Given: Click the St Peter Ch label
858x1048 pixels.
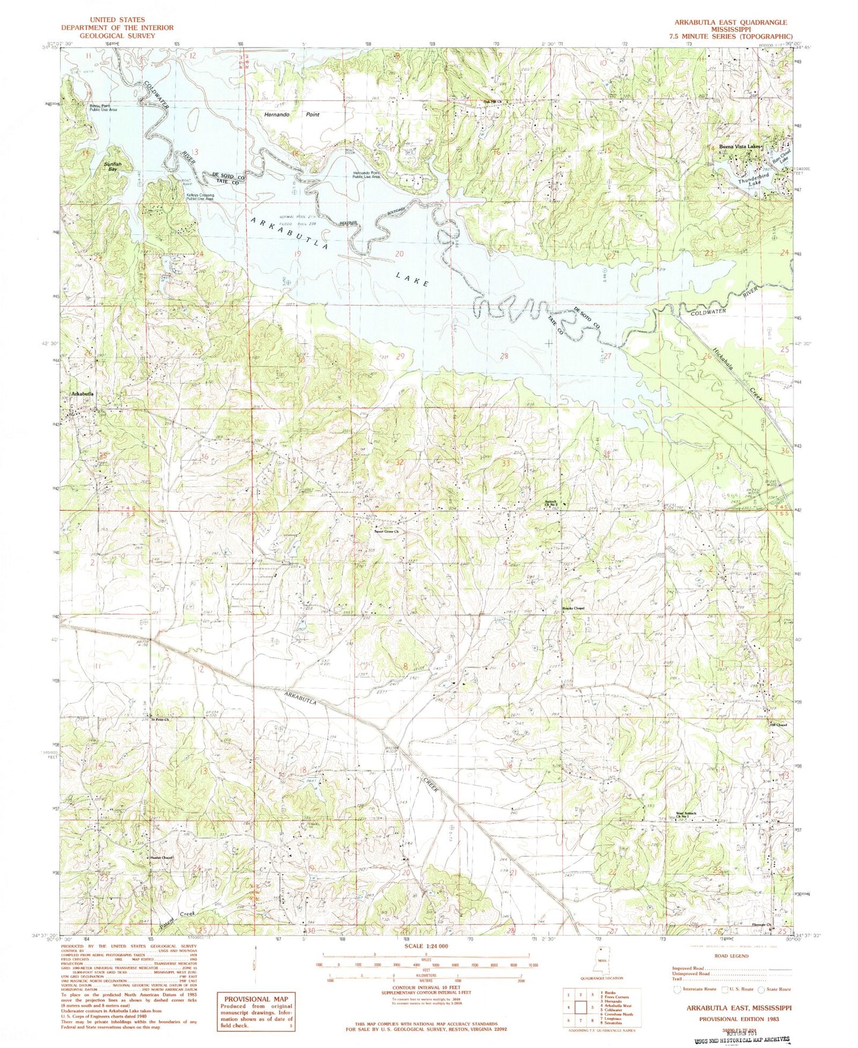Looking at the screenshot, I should click(x=159, y=721).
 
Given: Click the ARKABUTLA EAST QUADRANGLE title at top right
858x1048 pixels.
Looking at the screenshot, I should click(x=730, y=21).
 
